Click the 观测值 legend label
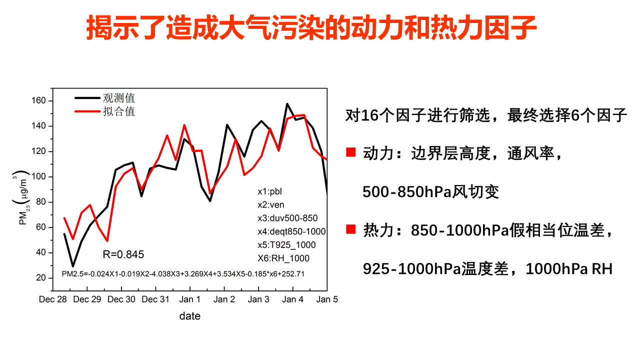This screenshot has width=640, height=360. point(119,98)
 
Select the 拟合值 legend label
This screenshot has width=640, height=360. point(119,111)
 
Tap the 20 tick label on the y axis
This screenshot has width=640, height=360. point(41,278)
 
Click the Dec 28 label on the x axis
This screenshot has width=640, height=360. point(53,299)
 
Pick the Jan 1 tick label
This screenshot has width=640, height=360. point(190,299)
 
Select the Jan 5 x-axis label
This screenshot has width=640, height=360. point(327,299)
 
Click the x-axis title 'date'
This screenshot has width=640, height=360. point(190,316)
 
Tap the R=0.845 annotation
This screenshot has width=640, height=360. point(123,254)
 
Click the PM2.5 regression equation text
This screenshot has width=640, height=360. point(183,273)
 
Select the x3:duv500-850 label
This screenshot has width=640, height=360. point(287,218)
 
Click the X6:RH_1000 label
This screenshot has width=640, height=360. point(283,258)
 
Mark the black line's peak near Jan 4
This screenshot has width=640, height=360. point(287,104)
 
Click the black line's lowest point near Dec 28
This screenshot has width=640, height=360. point(73,266)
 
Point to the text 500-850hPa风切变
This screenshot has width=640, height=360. point(431,192)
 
